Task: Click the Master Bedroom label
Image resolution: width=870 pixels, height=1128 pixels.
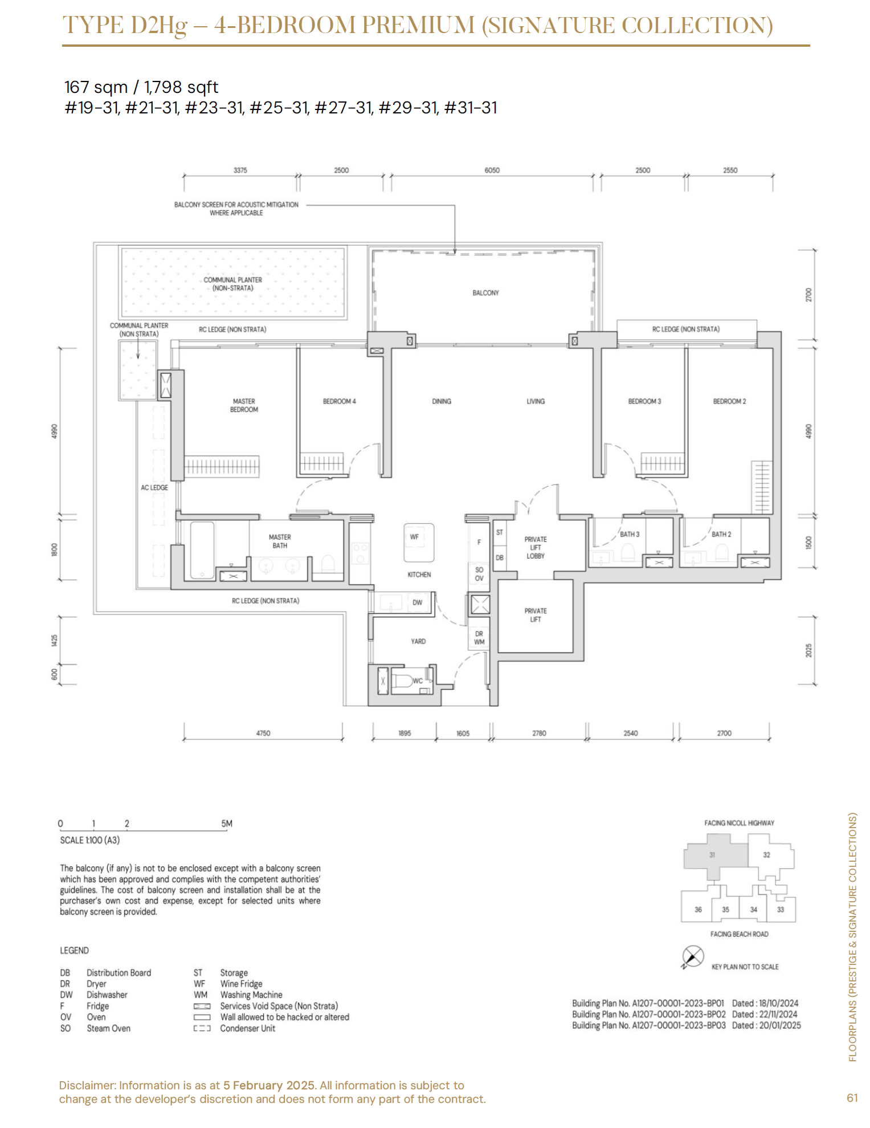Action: click(x=244, y=405)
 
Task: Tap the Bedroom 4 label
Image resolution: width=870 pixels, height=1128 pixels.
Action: click(x=339, y=401)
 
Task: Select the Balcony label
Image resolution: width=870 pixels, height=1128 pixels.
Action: click(x=485, y=293)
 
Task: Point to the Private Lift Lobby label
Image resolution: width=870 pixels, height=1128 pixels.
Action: click(x=536, y=547)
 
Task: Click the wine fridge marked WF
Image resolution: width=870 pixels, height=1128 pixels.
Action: click(x=419, y=543)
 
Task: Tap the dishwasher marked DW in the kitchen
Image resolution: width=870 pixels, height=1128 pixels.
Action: click(x=418, y=602)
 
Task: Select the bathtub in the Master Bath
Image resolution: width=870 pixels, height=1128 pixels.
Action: click(x=202, y=549)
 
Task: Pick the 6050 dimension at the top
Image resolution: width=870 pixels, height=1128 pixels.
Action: click(x=492, y=170)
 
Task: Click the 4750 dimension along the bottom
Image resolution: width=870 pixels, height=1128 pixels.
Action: click(x=263, y=733)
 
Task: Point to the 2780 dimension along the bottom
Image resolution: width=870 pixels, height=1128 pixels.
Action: click(x=539, y=733)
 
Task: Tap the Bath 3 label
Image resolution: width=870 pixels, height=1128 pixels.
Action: click(x=630, y=534)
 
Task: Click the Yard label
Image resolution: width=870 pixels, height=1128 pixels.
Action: click(x=418, y=641)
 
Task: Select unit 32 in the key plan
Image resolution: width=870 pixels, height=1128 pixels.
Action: click(x=766, y=855)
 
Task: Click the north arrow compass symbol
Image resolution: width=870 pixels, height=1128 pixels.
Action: click(x=693, y=956)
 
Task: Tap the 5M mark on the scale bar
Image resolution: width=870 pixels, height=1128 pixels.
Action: click(x=227, y=824)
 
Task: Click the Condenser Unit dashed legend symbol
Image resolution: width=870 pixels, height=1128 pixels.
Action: click(x=202, y=1028)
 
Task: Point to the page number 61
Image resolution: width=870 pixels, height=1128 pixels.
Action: click(x=852, y=1098)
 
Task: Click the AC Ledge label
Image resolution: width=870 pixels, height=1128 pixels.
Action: click(x=154, y=487)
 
